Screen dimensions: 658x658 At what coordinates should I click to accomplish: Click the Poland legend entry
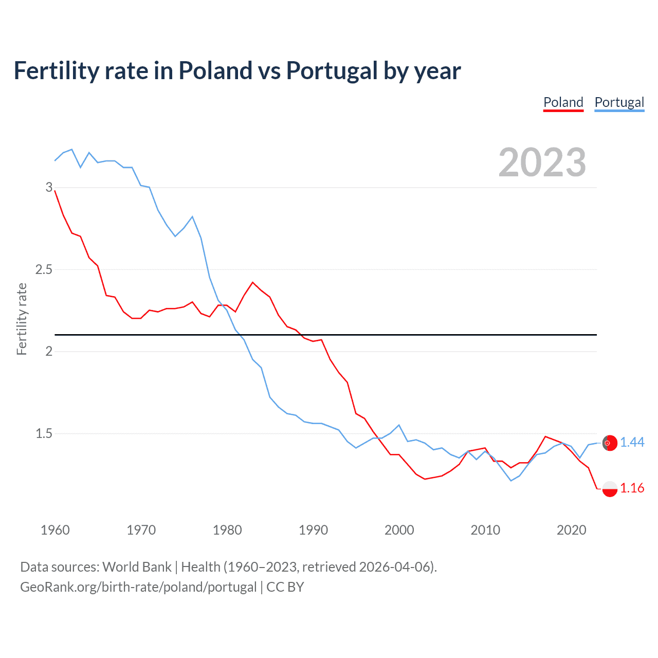563,102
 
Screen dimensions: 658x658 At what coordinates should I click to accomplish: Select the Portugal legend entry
619,102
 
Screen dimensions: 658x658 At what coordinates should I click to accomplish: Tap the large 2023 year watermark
542,162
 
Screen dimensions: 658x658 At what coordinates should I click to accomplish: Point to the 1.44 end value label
632,442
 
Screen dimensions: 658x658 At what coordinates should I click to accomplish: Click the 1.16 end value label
632,488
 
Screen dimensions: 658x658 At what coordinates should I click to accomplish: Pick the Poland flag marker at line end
610,488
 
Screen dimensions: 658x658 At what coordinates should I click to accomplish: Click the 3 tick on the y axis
49,187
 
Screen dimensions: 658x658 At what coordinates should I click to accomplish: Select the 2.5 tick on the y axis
44,269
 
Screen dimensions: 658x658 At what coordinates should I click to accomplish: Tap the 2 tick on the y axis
49,352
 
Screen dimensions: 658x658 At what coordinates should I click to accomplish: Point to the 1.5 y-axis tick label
44,433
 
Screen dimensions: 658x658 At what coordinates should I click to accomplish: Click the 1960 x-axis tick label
55,530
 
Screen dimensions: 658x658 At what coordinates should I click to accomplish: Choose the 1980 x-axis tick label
227,530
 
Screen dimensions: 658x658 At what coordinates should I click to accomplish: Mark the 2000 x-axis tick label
399,530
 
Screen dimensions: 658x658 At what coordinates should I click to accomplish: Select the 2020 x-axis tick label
571,530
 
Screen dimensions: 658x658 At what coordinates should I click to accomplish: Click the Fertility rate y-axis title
22,319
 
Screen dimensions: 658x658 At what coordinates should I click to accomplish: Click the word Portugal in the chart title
332,71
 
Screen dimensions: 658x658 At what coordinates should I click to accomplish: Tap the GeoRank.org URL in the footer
138,587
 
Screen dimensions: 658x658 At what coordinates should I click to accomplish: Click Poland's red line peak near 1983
252,282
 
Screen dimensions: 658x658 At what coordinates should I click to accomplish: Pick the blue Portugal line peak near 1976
192,216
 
